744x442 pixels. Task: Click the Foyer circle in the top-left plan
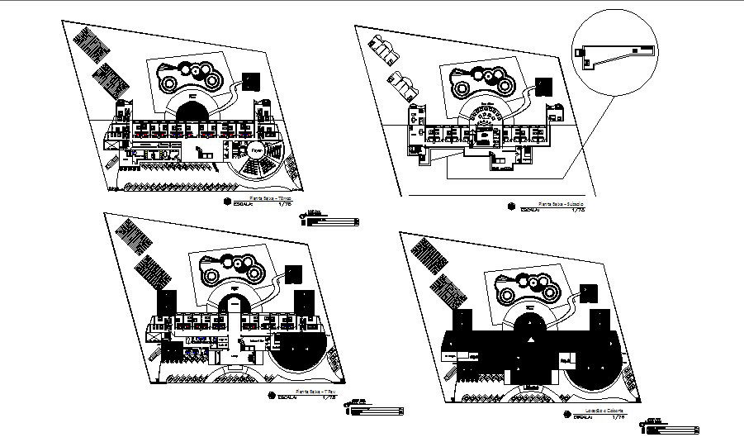257,150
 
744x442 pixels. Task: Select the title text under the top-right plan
561,203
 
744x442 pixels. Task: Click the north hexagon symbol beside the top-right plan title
512,206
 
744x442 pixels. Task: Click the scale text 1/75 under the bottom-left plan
328,397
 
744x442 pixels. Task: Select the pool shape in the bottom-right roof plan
528,288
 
